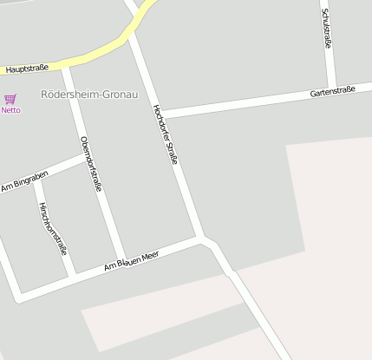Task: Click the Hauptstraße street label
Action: point(26,68)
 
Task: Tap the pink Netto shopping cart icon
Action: point(10,100)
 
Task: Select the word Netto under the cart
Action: point(10,110)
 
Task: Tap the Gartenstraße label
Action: point(332,93)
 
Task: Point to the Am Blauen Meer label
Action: point(132,259)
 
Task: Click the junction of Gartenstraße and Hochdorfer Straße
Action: point(160,114)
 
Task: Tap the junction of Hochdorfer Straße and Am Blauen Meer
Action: point(201,237)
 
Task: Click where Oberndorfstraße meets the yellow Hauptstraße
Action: point(62,63)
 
